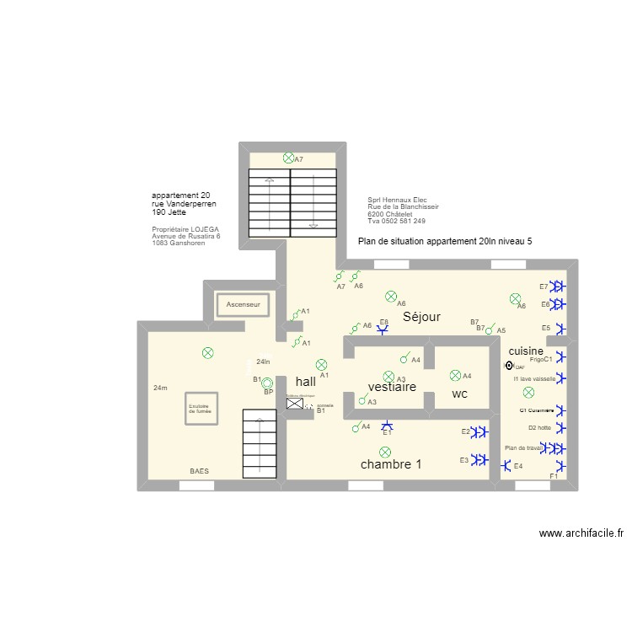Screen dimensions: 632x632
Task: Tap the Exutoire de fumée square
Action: [x=203, y=409]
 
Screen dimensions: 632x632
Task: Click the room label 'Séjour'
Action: [x=421, y=317]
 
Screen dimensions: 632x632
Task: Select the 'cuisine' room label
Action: [x=526, y=350]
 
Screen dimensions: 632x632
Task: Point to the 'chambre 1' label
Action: [x=391, y=464]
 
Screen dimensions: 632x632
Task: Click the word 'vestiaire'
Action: [x=392, y=388]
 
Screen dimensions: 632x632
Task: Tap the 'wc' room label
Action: [x=459, y=394]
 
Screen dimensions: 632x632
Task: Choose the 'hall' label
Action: [x=305, y=382]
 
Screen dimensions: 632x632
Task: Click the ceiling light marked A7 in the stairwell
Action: [x=289, y=158]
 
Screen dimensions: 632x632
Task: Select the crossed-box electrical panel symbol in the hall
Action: [x=295, y=404]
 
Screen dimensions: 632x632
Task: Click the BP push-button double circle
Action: [x=267, y=382]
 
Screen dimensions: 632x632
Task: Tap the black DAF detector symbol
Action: [x=508, y=366]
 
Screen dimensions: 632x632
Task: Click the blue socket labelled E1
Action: [x=387, y=426]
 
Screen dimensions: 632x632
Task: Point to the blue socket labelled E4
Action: [x=506, y=465]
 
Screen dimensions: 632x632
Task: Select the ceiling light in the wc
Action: [x=456, y=375]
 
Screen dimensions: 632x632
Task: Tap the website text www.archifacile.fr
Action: [x=581, y=533]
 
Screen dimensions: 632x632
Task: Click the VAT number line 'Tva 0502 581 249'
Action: [x=396, y=221]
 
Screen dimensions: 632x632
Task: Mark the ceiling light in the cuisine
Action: [x=528, y=392]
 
